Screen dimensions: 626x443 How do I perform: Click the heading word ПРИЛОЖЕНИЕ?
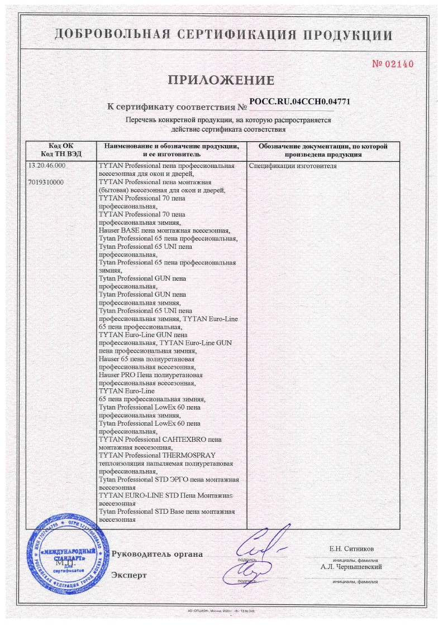[x=221, y=80]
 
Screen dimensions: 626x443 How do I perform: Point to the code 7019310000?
[x=45, y=182]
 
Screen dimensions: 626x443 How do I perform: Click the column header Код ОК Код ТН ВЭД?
[x=61, y=150]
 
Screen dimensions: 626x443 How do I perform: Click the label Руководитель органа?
[x=158, y=554]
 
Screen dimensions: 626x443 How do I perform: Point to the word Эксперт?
[x=129, y=575]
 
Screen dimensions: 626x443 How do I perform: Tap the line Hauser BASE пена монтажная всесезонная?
[x=164, y=230]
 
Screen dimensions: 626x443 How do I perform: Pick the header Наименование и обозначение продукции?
[x=172, y=146]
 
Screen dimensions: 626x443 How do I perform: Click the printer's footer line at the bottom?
[x=221, y=612]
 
